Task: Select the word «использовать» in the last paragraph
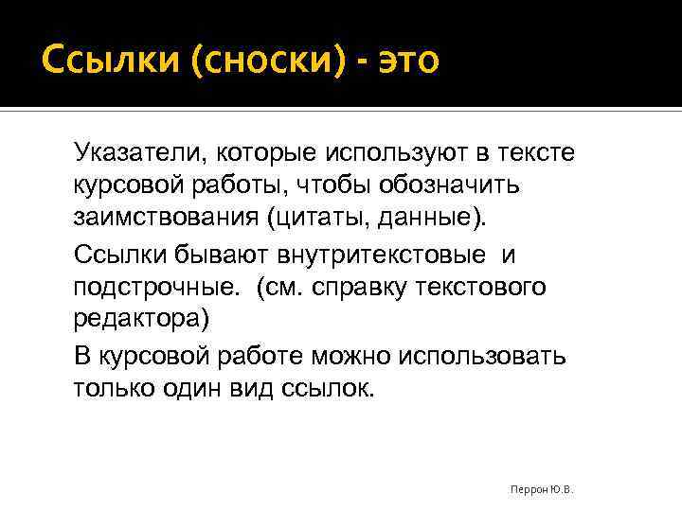483,357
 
